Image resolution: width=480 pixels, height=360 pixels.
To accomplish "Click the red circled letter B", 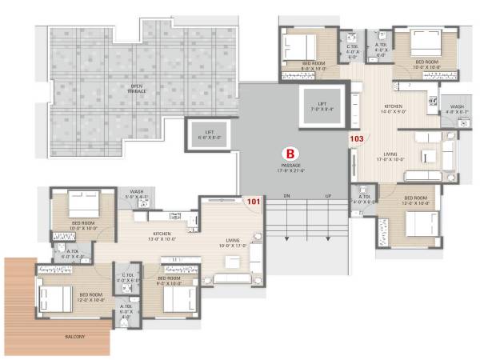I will pyautogui.click(x=291, y=151).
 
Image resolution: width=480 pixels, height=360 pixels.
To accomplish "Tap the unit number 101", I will pyautogui.click(x=254, y=202).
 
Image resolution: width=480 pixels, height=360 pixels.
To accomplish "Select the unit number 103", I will pyautogui.click(x=357, y=139).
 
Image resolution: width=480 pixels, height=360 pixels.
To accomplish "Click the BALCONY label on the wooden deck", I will pyautogui.click(x=76, y=337).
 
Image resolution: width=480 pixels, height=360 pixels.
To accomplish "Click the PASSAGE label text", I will pyautogui.click(x=290, y=166).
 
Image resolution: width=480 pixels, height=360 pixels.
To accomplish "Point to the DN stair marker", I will pyautogui.click(x=285, y=196).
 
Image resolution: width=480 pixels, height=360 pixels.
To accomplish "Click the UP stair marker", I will pyautogui.click(x=327, y=196).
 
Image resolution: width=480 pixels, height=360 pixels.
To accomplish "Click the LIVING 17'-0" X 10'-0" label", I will pyautogui.click(x=390, y=157).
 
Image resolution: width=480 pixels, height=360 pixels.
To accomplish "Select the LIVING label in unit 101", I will pyautogui.click(x=234, y=242).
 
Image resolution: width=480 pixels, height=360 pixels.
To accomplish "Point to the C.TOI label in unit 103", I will pyautogui.click(x=352, y=50).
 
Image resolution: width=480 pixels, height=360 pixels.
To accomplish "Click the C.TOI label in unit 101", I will pyautogui.click(x=128, y=279).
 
